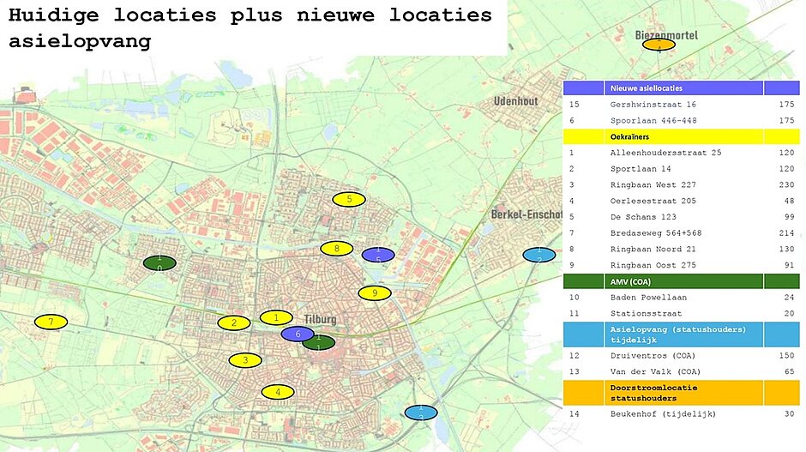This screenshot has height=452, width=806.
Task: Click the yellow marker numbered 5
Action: (349, 200)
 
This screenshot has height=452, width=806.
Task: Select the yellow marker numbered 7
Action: (51, 322)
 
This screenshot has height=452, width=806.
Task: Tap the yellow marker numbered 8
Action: (337, 249)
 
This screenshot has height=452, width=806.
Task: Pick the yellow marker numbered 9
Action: (375, 293)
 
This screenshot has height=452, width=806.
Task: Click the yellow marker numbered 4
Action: (277, 392)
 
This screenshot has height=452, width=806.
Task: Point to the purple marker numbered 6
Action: (298, 334)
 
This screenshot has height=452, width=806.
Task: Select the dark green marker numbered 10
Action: (159, 262)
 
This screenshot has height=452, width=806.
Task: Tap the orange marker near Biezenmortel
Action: (659, 45)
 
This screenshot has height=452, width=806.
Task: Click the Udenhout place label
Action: (515, 101)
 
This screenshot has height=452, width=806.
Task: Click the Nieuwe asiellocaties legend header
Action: (645, 88)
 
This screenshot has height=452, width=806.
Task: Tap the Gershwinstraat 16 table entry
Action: (647, 105)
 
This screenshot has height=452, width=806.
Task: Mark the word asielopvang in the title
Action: (80, 41)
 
